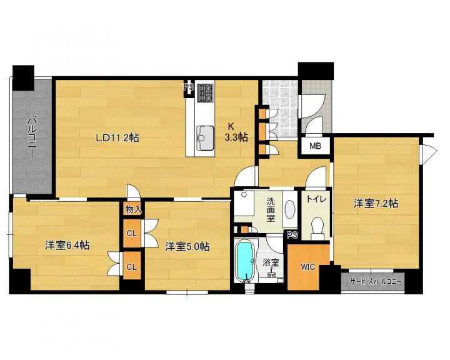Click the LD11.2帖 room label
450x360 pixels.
117,138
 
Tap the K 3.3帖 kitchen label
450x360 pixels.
236,132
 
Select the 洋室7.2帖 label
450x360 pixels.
376,204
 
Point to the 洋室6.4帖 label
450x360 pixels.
67,246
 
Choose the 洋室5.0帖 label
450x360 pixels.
187,247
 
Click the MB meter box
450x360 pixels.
315,146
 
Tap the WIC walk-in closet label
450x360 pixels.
307,267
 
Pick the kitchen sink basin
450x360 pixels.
205,137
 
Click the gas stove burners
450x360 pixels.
205,92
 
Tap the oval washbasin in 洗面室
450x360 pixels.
290,209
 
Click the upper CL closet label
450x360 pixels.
132,233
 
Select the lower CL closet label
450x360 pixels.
132,267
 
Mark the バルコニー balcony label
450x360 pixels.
32,137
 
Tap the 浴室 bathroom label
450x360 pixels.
271,262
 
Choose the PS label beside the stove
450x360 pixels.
189,87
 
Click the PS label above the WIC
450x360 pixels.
292,236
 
